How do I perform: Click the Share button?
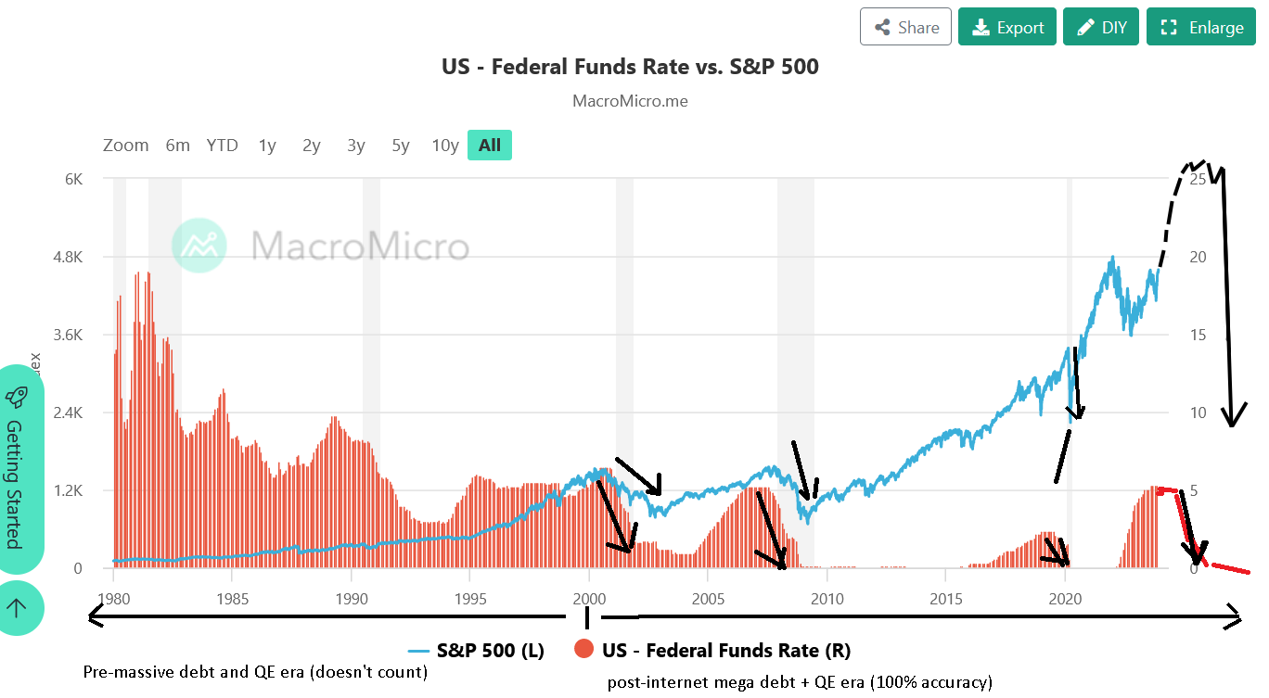pyautogui.click(x=905, y=27)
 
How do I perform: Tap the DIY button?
pyautogui.click(x=1100, y=27)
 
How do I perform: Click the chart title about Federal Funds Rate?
pyautogui.click(x=630, y=67)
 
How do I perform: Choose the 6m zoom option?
pyautogui.click(x=177, y=145)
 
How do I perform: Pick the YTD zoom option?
pyautogui.click(x=222, y=145)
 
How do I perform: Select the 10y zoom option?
pyautogui.click(x=445, y=145)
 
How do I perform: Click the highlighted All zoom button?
pyautogui.click(x=489, y=145)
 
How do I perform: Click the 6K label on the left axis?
pyautogui.click(x=72, y=179)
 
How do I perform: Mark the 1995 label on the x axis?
pyautogui.click(x=470, y=598)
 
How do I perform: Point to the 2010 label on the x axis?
pyautogui.click(x=827, y=598)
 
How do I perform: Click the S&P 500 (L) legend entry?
pyautogui.click(x=475, y=650)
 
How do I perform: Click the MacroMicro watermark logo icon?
pyautogui.click(x=199, y=246)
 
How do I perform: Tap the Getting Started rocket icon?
pyautogui.click(x=16, y=397)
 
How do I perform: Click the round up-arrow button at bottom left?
pyautogui.click(x=16, y=608)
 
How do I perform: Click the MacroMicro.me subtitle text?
pyautogui.click(x=630, y=101)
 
